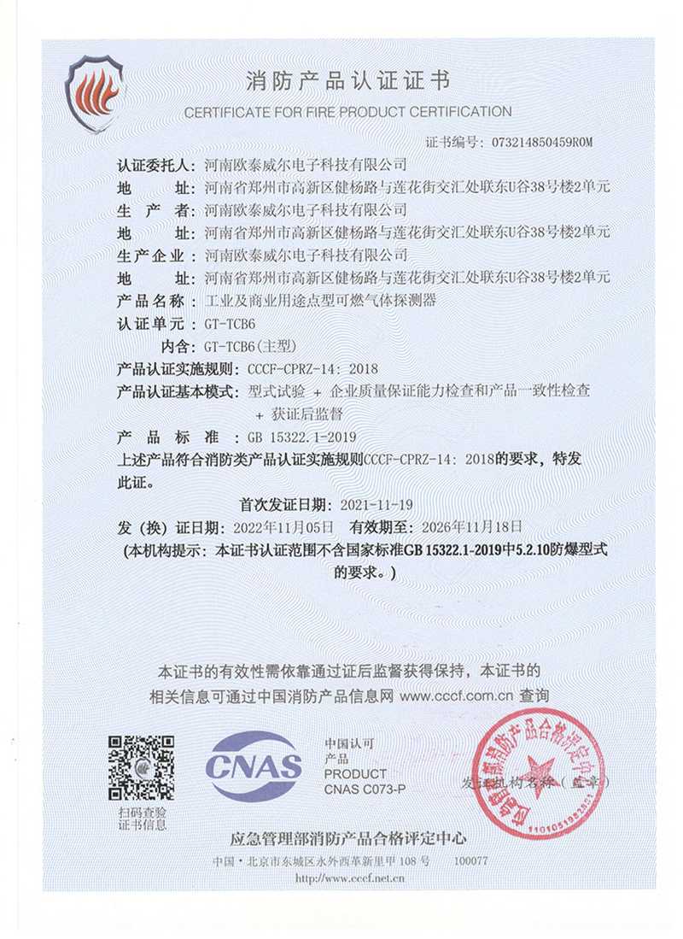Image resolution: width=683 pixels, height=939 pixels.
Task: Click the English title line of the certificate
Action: click(347, 112)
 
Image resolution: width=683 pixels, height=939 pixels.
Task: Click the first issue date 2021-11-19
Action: click(377, 504)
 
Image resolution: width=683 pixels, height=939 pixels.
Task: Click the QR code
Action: click(142, 767)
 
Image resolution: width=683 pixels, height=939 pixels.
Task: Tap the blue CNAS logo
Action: click(254, 765)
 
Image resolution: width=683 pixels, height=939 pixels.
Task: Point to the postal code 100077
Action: click(471, 861)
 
